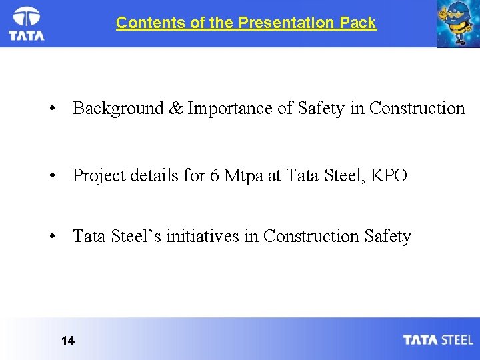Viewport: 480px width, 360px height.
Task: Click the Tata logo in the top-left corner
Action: [x=27, y=24]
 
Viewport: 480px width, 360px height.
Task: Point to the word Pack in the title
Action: [x=357, y=23]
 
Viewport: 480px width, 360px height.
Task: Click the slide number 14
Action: [x=67, y=341]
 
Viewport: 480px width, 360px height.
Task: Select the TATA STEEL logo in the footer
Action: [x=437, y=340]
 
